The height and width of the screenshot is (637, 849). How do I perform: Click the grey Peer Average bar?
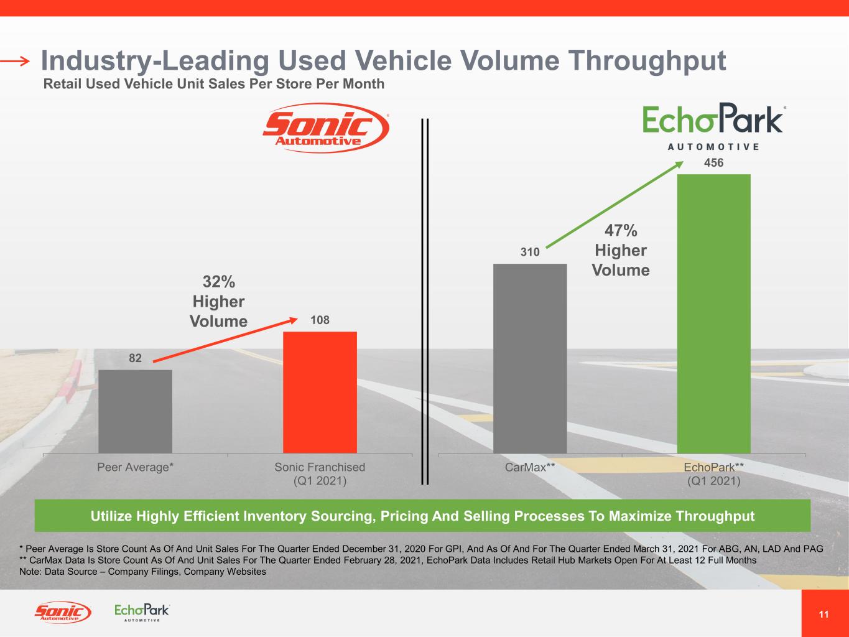[135, 411]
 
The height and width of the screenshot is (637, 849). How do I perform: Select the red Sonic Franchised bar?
[320, 392]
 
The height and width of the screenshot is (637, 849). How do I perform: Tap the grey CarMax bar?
[530, 358]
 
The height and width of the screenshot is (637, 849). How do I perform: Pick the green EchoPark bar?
[713, 314]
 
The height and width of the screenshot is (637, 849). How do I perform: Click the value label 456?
[713, 163]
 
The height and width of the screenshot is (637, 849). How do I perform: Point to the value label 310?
[530, 253]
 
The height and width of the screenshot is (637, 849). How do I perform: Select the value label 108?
[320, 320]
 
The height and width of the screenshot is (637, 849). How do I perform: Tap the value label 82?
[135, 358]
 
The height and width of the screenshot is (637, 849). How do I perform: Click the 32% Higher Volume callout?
[218, 301]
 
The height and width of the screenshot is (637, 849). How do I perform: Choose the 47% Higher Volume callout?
[621, 250]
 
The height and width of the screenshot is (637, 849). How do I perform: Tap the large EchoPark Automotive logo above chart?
[713, 128]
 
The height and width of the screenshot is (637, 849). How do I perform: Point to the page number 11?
[823, 615]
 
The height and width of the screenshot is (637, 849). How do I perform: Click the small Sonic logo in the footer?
[62, 613]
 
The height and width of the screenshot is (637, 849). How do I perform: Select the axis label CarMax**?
[530, 467]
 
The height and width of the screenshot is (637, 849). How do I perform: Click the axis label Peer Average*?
[135, 467]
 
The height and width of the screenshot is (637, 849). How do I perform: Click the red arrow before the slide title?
[15, 61]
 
